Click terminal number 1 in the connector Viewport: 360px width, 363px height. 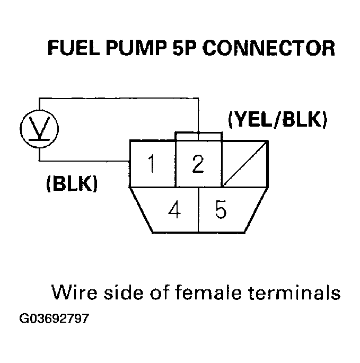coord(152,164)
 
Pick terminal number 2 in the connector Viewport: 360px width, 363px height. coord(198,164)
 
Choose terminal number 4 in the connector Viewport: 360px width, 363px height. coord(174,210)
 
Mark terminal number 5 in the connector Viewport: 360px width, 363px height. coord(221,210)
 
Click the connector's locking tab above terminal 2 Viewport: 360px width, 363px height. coord(198,136)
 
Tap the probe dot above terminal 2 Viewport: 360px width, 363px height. coord(198,132)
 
